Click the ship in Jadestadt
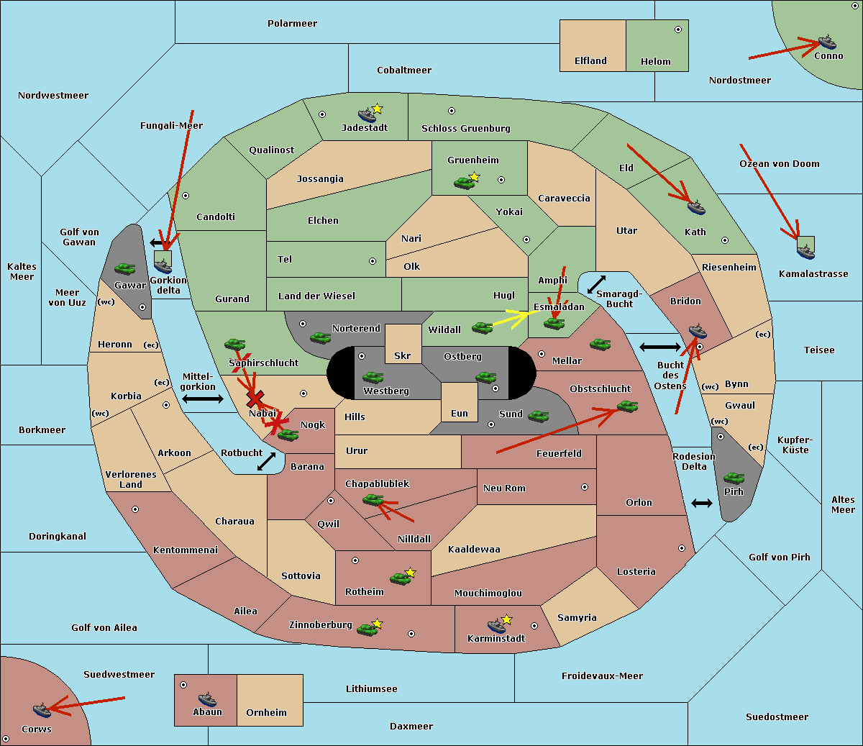tap(367, 114)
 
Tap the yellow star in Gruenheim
tap(474, 176)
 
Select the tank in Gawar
tap(125, 268)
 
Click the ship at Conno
tap(827, 42)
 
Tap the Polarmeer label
tap(292, 24)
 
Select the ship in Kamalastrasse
tap(805, 250)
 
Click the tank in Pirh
tap(734, 478)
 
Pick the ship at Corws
tap(42, 710)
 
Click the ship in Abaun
tap(207, 699)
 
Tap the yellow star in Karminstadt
tap(506, 619)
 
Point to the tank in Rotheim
tap(400, 578)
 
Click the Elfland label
tap(590, 61)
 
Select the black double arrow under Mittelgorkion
tap(203, 399)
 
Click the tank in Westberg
tap(373, 377)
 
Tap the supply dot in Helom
tap(677, 29)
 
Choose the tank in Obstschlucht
tap(627, 406)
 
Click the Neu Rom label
tap(504, 488)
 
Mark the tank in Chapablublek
tap(373, 499)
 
